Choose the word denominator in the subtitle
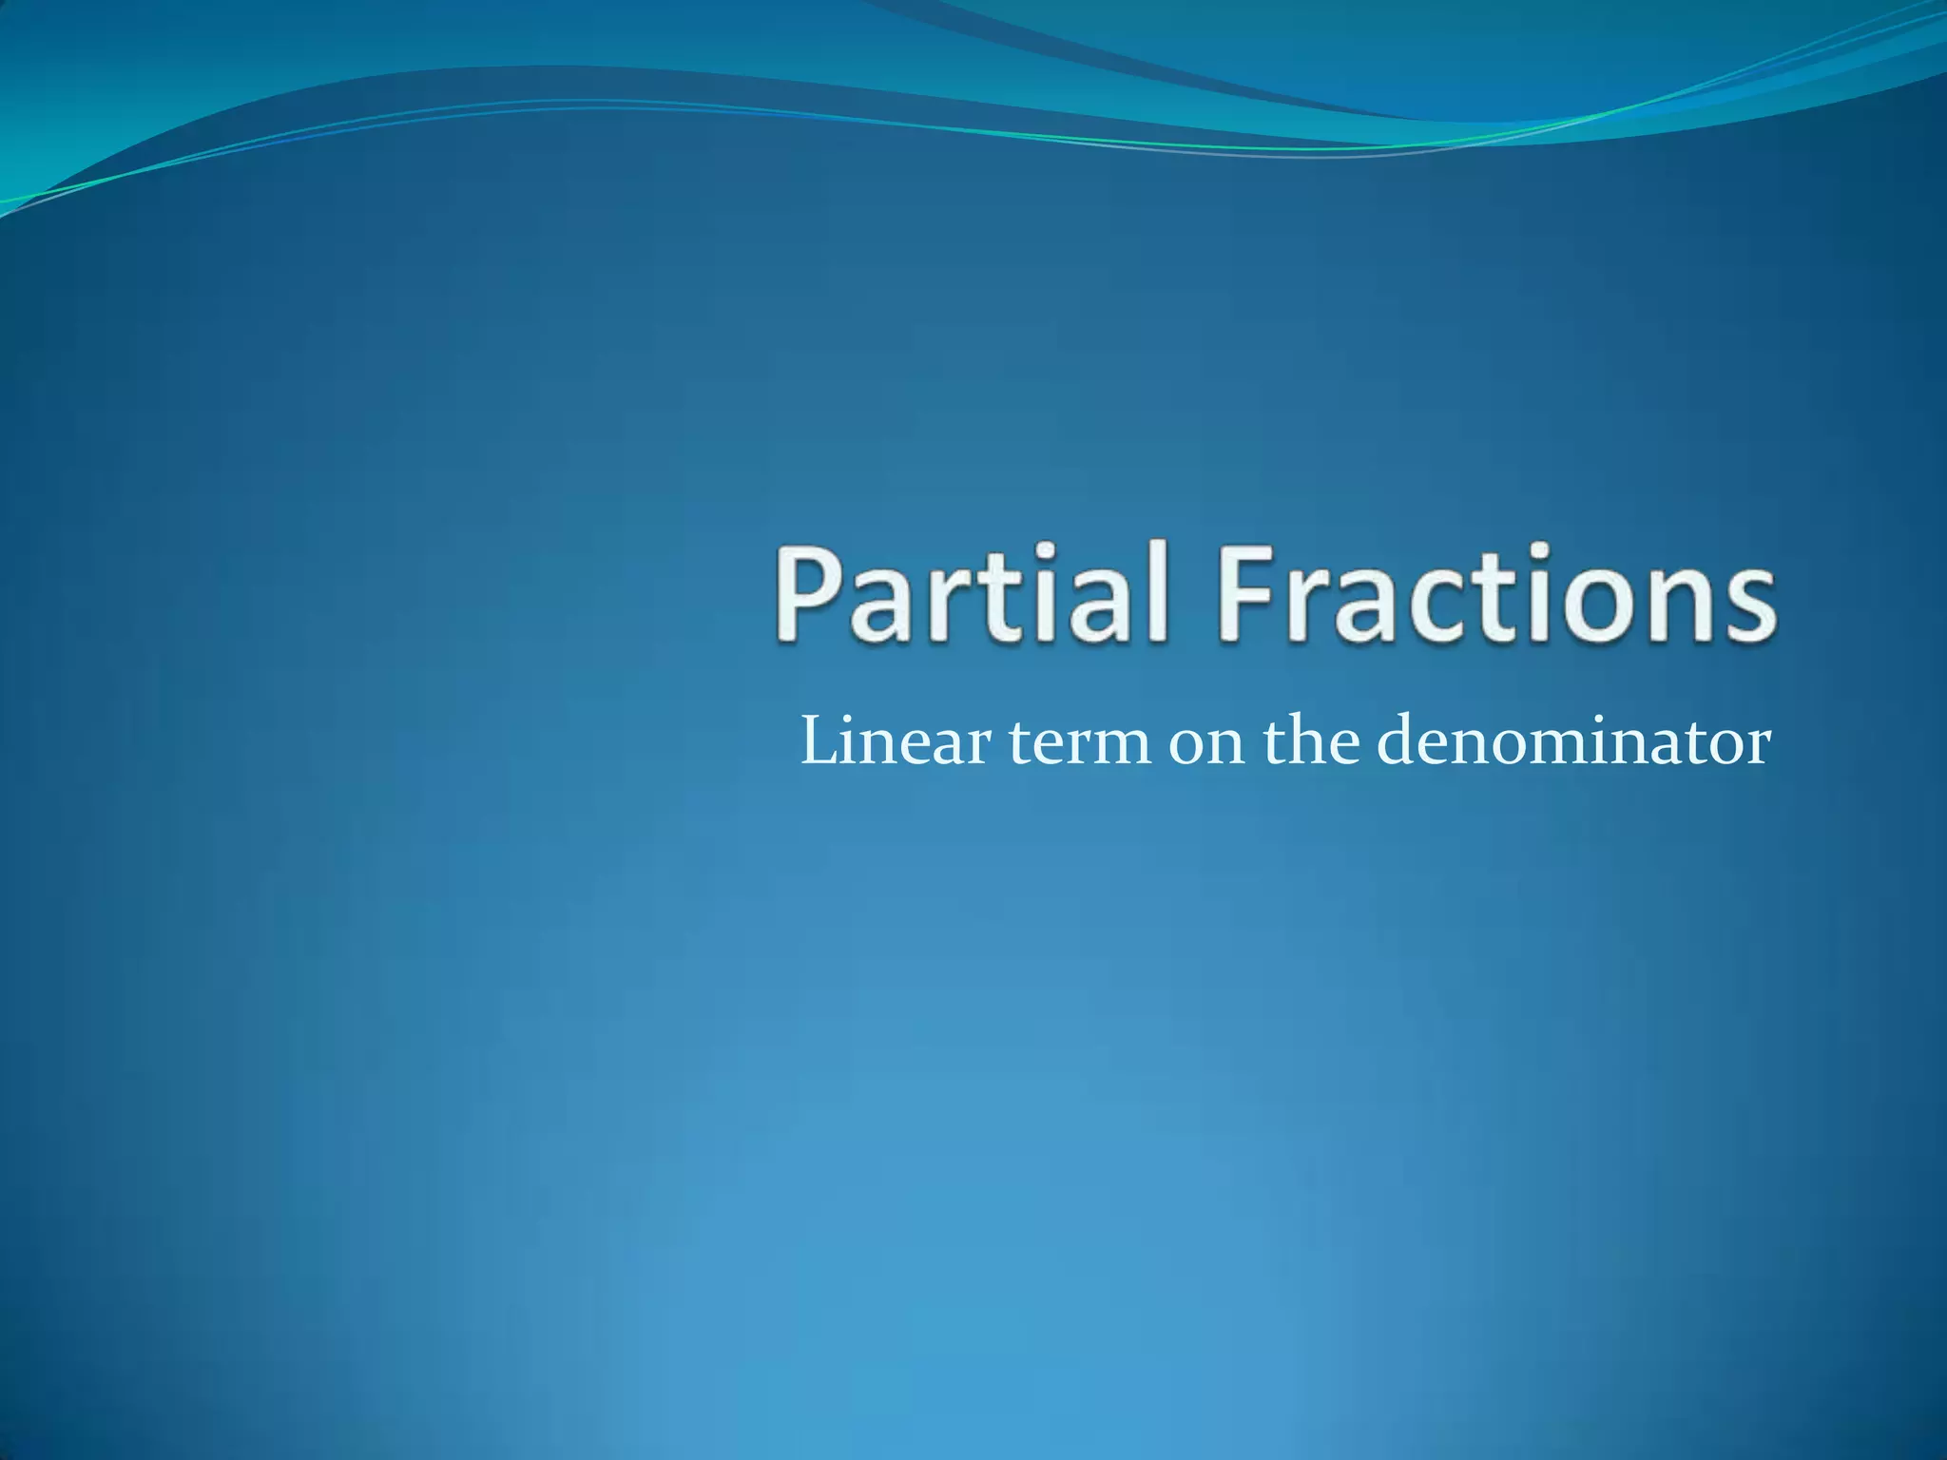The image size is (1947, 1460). point(1573,741)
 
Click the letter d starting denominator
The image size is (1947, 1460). point(1399,741)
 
